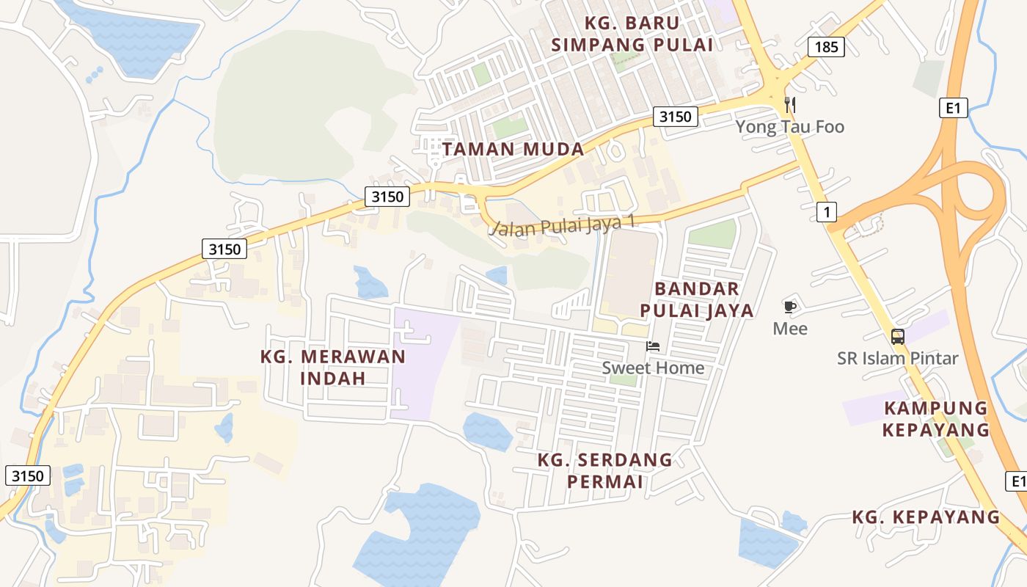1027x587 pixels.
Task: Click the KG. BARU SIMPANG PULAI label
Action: coord(632,34)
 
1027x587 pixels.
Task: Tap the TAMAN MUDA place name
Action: coord(513,149)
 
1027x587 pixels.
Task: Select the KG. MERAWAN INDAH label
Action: coord(333,368)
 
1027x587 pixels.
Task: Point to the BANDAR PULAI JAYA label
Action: coord(696,299)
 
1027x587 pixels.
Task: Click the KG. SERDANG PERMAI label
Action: coord(605,470)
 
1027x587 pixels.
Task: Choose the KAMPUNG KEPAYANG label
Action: coord(935,419)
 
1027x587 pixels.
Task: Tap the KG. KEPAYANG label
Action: coord(926,517)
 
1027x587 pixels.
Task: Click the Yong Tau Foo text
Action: coord(790,127)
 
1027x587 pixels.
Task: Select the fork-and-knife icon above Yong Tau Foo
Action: coord(790,104)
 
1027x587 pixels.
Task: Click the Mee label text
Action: coord(790,329)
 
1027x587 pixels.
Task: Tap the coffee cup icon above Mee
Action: coord(789,307)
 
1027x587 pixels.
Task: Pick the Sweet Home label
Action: coord(653,368)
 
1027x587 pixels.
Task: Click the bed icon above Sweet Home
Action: coord(653,346)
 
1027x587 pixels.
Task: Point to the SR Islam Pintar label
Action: coord(898,359)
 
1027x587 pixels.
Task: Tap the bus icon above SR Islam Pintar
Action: coord(898,337)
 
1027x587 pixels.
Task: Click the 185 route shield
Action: coord(826,48)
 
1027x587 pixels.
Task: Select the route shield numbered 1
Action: coord(826,213)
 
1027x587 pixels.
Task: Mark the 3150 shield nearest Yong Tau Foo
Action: coord(675,116)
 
